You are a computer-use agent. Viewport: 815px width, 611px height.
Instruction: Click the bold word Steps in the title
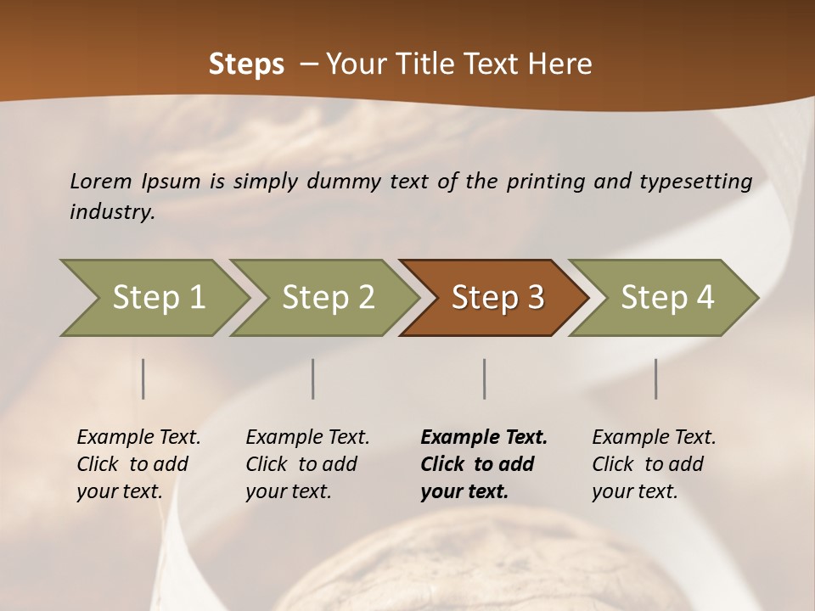[246, 64]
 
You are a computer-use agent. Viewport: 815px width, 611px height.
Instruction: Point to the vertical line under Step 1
[143, 378]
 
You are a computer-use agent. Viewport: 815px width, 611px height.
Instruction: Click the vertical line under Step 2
[313, 378]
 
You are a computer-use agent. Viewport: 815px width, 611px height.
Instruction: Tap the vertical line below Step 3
[484, 378]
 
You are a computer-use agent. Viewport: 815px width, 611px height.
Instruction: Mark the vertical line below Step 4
[655, 378]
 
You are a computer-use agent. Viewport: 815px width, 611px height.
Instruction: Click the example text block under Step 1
[138, 464]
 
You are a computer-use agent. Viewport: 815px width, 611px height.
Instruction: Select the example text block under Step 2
[307, 464]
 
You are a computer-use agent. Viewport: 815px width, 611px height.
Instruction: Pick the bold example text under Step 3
[484, 464]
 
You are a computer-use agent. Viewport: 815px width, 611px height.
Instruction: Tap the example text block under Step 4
[654, 464]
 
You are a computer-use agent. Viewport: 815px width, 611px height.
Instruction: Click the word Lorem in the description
[101, 181]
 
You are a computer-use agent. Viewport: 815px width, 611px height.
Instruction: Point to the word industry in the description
[112, 212]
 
